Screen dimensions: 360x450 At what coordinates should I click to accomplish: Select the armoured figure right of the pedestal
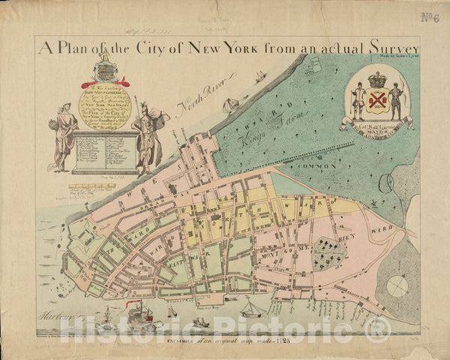[148, 135]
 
